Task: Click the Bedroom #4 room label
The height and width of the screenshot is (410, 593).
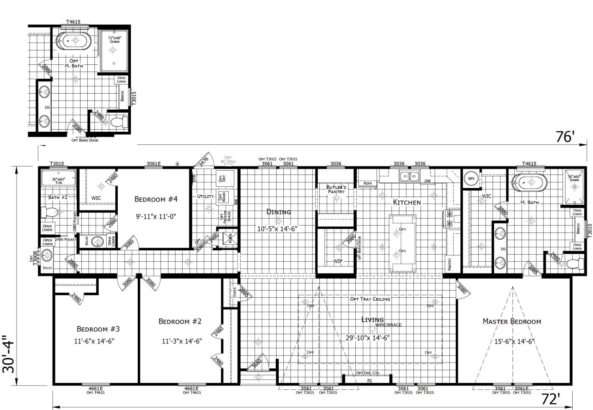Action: pos(156,199)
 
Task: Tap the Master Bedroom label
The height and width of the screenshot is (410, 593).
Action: pos(512,321)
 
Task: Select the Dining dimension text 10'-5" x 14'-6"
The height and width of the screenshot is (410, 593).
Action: pos(277,229)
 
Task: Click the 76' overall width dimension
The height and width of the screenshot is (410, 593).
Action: pos(565,137)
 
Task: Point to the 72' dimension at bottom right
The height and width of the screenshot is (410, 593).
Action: pos(551,399)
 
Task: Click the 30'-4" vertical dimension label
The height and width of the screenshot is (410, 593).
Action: pos(9,354)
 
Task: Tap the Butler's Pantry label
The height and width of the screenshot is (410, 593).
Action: pos(336,189)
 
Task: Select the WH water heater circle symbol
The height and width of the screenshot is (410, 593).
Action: pos(471,179)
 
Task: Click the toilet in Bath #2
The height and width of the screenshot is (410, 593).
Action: pos(48,212)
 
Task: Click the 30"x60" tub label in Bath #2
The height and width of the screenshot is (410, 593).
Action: pos(58,181)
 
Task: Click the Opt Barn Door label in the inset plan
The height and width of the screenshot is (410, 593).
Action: pos(85,140)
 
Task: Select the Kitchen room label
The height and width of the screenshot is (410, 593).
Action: pos(407,202)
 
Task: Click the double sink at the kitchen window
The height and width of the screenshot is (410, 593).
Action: pos(409,176)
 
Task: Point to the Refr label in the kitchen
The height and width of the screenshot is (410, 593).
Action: pos(368,183)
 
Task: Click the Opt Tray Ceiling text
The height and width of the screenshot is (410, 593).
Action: pos(370,299)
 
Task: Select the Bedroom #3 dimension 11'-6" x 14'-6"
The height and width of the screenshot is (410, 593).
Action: pos(95,341)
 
